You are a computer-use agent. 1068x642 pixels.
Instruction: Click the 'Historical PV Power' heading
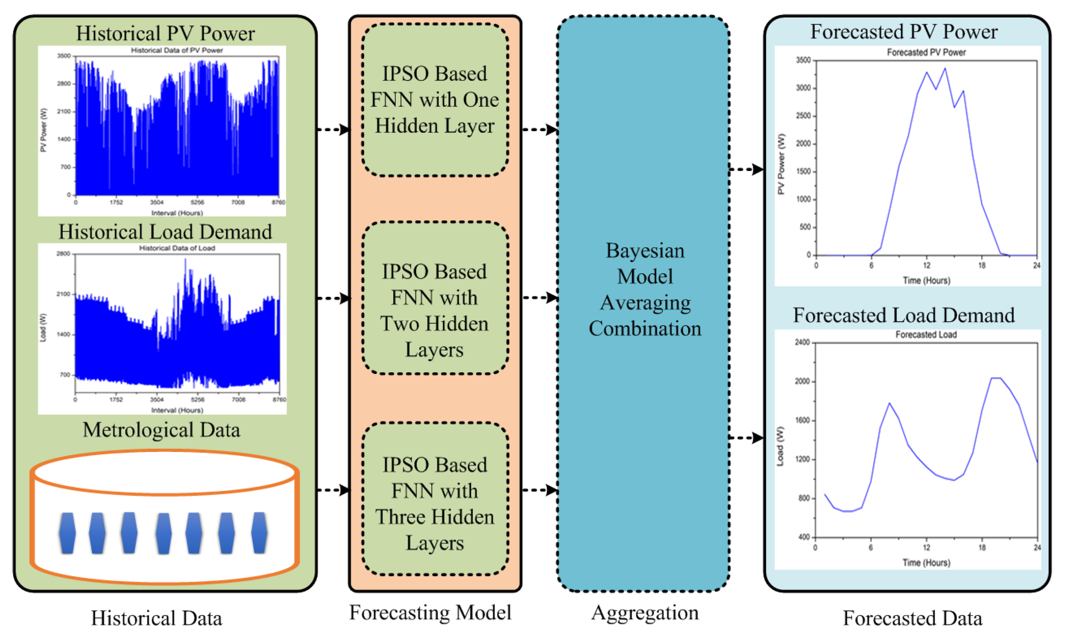[x=165, y=34]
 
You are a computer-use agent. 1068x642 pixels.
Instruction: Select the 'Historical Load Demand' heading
[x=165, y=232]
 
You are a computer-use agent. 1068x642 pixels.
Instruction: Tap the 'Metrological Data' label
[x=161, y=430]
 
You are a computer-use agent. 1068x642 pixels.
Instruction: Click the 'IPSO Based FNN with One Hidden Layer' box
[x=434, y=100]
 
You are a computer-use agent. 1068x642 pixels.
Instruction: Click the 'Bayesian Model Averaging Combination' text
[x=644, y=290]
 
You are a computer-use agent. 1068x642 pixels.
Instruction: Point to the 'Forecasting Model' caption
[x=430, y=612]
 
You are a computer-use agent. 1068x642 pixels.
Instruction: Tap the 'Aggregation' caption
[x=644, y=612]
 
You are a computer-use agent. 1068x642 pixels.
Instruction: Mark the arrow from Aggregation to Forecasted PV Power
[x=746, y=169]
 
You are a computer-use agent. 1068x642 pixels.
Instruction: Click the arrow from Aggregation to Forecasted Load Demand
[x=746, y=438]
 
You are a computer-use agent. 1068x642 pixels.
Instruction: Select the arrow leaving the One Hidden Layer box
[x=540, y=129]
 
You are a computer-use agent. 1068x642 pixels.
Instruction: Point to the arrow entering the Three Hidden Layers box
[x=334, y=490]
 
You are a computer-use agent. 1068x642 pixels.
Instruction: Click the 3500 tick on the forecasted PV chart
[x=803, y=60]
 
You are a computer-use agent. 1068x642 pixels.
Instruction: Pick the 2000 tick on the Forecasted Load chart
[x=802, y=382]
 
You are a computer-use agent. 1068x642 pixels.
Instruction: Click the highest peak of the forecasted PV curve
[x=945, y=68]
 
